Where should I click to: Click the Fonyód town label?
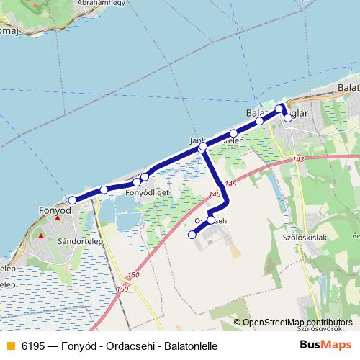[54, 211]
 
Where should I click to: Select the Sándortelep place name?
[77, 242]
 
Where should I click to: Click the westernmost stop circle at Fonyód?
[72, 199]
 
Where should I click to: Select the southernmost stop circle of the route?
[192, 234]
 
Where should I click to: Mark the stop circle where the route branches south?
[203, 147]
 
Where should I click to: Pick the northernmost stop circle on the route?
[279, 109]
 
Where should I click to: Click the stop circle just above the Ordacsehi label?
[211, 220]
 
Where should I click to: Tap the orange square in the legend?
[10, 346]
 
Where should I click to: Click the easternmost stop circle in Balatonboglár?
[288, 117]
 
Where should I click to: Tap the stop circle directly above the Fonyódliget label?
[137, 182]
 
